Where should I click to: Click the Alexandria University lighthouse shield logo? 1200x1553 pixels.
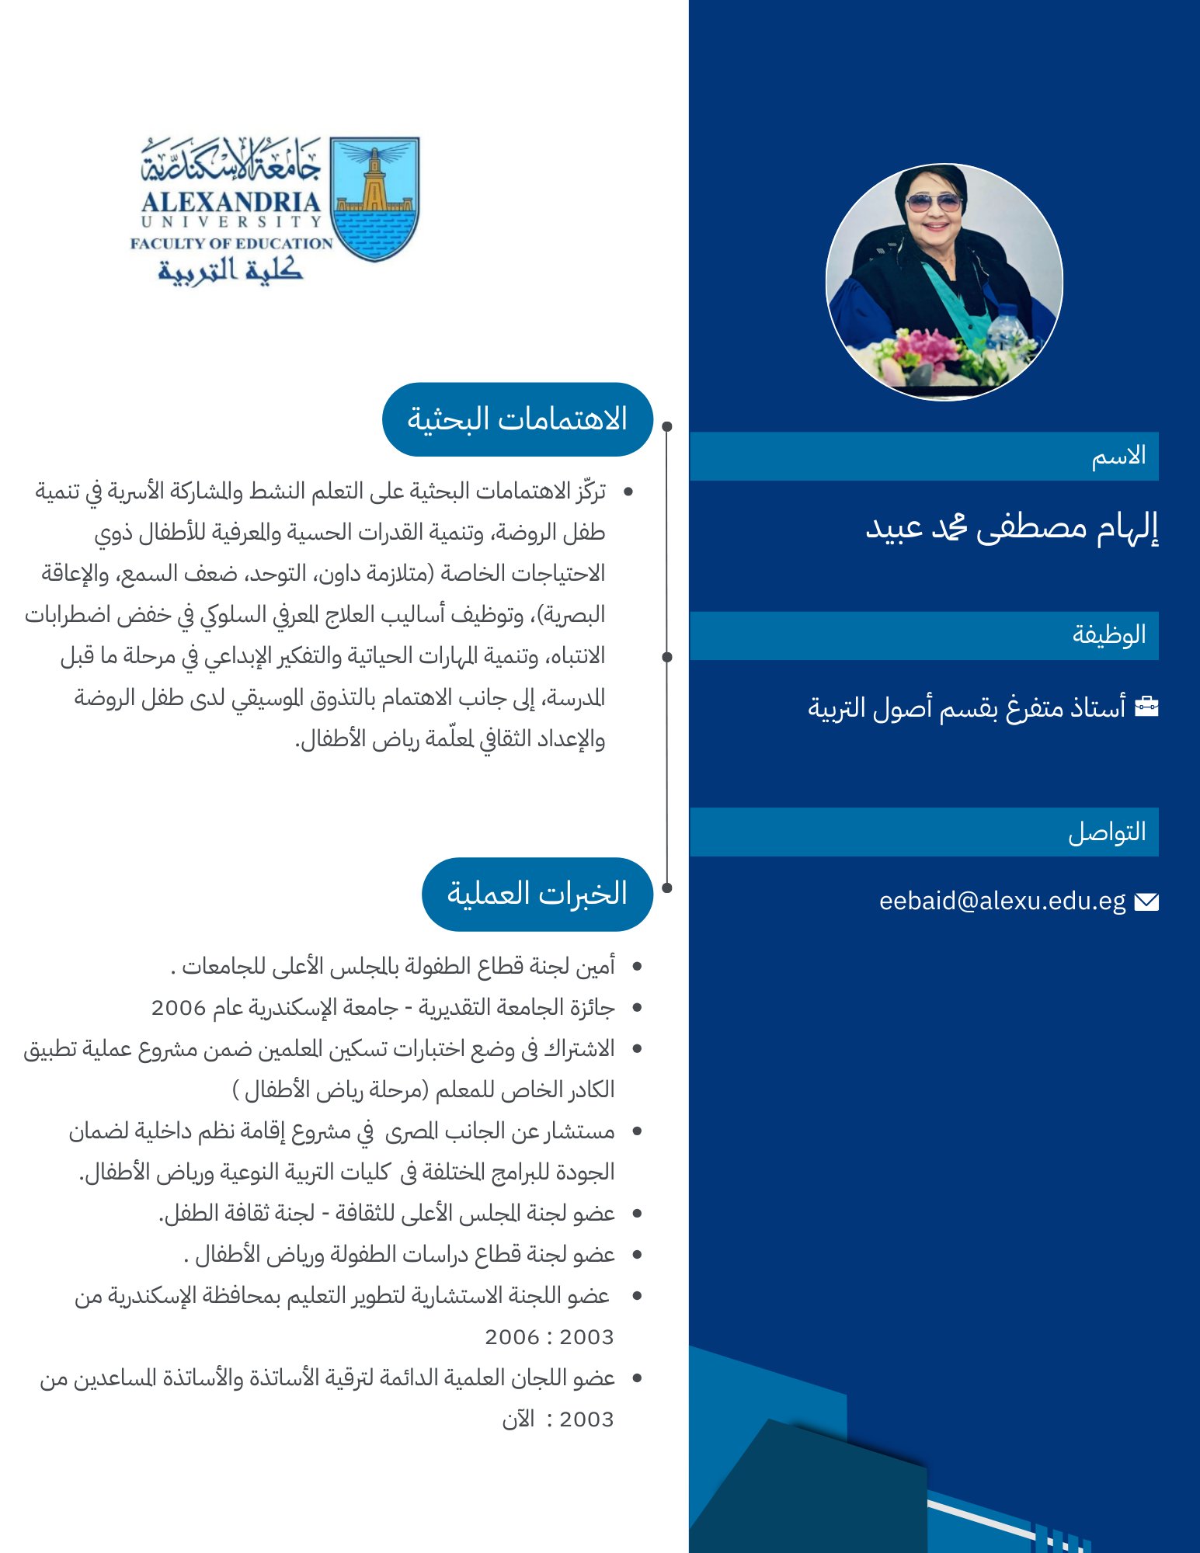coord(374,199)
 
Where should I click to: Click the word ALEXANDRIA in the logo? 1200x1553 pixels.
coord(231,202)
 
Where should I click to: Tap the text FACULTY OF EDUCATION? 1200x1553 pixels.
coord(231,243)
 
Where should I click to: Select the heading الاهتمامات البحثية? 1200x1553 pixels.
coord(517,419)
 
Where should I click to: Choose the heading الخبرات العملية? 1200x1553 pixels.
coord(537,894)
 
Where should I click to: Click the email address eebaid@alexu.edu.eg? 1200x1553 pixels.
coord(1002,901)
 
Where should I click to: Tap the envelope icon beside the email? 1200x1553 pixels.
coord(1146,902)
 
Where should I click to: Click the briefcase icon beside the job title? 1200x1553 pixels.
coord(1146,707)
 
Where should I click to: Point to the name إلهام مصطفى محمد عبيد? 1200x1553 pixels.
coord(1011,528)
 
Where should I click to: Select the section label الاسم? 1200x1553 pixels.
coord(1118,456)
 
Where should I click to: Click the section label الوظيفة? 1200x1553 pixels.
coord(1109,634)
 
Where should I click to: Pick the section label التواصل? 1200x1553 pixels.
coord(1107,832)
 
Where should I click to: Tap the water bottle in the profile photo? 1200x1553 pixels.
coord(1007,329)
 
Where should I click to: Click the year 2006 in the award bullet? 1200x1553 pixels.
coord(178,1008)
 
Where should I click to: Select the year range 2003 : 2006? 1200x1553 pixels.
coord(549,1337)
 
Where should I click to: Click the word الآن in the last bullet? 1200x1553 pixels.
coord(518,1419)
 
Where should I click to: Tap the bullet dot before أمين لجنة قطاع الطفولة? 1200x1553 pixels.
coord(637,967)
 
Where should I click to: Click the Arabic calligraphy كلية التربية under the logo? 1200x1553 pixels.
coord(230,269)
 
